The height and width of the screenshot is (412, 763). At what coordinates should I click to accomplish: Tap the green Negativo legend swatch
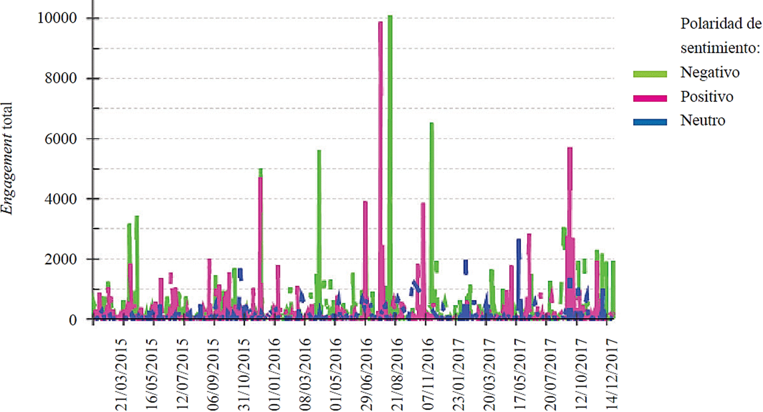(x=650, y=74)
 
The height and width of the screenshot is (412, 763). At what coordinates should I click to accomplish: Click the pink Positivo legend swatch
(x=650, y=98)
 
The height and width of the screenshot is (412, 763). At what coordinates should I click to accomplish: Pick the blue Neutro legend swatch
(x=650, y=122)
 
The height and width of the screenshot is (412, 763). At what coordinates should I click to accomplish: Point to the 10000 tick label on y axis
(x=57, y=18)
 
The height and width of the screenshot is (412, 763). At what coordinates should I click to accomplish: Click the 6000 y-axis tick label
(x=61, y=139)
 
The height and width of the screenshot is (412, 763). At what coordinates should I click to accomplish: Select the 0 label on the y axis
(x=72, y=320)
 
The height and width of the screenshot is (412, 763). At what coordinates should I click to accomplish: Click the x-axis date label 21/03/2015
(x=122, y=374)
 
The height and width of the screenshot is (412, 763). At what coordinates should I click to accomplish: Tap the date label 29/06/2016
(x=366, y=374)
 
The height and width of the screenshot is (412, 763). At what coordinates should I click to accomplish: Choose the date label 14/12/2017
(x=611, y=374)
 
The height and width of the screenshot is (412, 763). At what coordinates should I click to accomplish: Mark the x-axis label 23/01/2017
(x=458, y=374)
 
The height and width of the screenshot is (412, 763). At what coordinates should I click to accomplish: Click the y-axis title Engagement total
(x=7, y=158)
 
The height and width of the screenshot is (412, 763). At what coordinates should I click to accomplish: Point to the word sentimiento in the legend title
(x=720, y=48)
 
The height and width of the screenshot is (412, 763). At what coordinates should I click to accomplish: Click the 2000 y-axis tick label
(x=61, y=259)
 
